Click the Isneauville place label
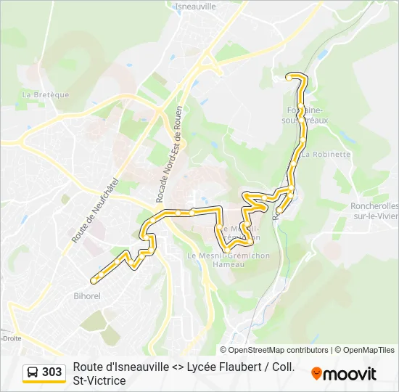(196, 6)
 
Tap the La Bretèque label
(46, 94)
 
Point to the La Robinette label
(326, 155)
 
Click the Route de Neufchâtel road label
(85, 211)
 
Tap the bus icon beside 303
(33, 372)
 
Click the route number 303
(52, 372)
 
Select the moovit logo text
(350, 374)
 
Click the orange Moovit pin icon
(316, 374)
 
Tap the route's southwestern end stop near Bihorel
(93, 279)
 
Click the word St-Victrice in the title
(99, 380)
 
